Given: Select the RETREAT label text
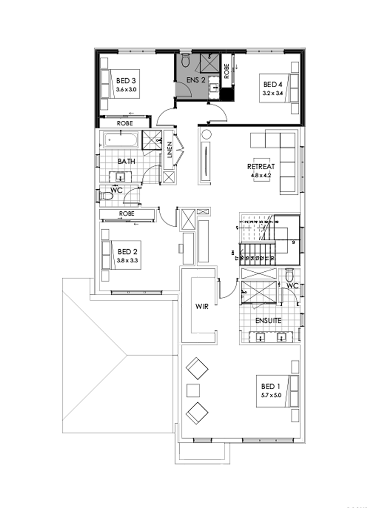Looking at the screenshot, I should [x=261, y=166].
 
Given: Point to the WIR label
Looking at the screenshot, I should [x=202, y=306].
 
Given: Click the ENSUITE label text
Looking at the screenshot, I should [x=268, y=321].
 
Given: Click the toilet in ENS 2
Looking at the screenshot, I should [x=186, y=60].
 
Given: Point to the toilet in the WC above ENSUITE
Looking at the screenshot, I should [x=290, y=274].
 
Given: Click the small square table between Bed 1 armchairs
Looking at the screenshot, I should [x=193, y=390].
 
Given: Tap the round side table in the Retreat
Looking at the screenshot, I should [x=206, y=134].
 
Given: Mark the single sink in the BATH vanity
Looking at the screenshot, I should [x=120, y=177].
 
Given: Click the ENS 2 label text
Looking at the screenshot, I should [x=196, y=80].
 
